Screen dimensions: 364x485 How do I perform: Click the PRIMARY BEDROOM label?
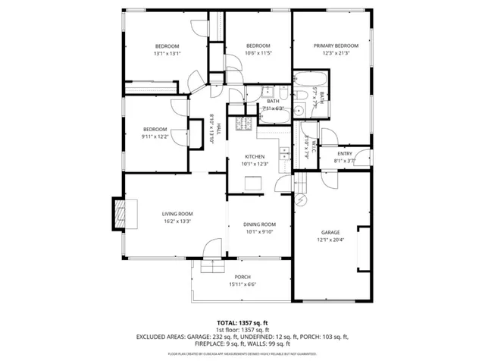[336, 45]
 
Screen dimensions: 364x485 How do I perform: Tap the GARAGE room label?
[330, 232]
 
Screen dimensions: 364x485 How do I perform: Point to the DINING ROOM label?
[259, 224]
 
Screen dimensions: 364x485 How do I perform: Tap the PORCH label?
[242, 277]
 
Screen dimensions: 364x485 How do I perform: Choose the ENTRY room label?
[345, 154]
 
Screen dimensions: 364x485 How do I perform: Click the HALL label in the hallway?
[220, 129]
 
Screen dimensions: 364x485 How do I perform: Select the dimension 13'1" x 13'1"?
[167, 54]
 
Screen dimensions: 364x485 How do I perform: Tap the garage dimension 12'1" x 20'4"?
[330, 240]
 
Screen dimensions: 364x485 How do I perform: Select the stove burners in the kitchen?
[244, 124]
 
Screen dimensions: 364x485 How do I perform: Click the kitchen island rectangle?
[253, 183]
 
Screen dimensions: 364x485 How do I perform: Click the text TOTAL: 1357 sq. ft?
[242, 322]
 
